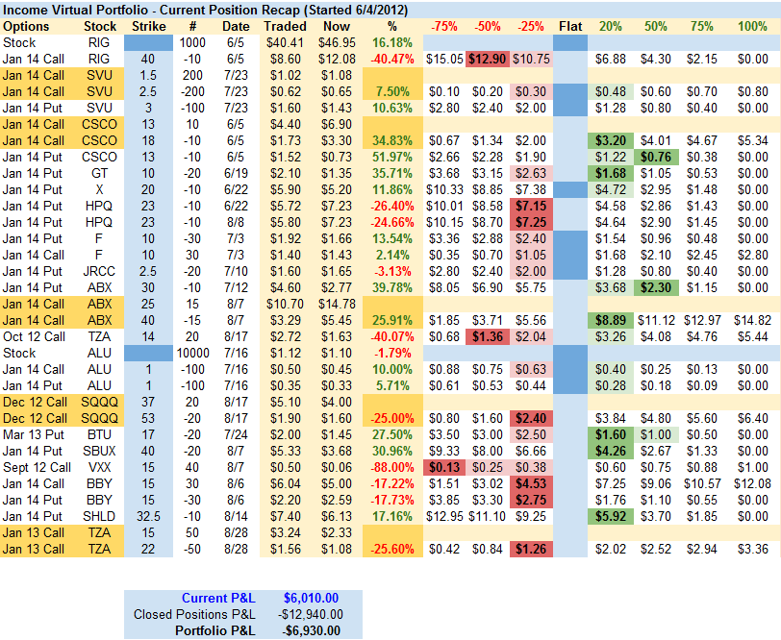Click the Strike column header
(x=147, y=27)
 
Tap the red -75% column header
(x=443, y=27)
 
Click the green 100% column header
(x=751, y=27)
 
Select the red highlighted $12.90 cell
(x=488, y=59)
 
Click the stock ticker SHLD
(x=100, y=516)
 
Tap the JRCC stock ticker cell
(x=100, y=271)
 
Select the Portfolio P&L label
(x=215, y=630)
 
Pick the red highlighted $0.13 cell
(x=443, y=467)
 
